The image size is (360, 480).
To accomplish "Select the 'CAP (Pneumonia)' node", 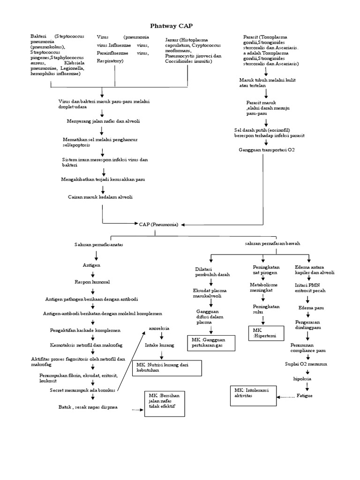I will point(158,225).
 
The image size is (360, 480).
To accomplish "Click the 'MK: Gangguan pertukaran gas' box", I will point(211,342).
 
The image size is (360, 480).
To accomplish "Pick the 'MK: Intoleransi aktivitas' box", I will point(253,393).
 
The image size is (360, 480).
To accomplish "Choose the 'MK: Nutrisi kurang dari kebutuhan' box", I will point(167,367).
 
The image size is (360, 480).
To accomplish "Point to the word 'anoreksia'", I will point(159,328).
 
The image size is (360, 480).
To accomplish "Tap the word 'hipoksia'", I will point(302,378).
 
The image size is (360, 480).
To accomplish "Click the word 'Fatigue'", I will point(304,396).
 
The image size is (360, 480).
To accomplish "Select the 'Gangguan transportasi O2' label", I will point(267,150).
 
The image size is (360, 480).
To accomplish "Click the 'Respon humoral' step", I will point(92,282).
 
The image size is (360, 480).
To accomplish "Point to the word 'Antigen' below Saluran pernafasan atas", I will point(91,265).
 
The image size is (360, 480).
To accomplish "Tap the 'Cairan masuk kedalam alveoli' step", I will point(100,197).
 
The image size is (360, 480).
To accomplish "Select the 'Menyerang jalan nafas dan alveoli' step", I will point(103,121).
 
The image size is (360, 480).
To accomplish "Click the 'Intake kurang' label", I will point(159,345).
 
